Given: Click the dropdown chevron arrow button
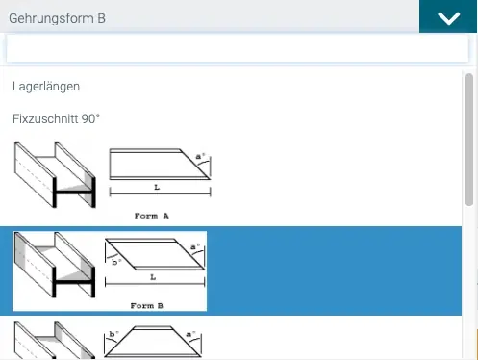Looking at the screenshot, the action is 448,16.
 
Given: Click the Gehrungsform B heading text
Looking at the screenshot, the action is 57,18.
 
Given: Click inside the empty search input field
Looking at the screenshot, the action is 238,48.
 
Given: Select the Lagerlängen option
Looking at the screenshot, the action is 46,87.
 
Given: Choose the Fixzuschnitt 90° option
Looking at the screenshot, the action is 56,119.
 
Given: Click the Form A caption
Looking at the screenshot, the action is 152,216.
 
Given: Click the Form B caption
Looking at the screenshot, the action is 147,306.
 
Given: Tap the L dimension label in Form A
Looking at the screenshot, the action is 157,187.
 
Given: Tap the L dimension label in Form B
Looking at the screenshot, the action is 153,277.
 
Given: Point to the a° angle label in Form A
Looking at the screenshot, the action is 200,156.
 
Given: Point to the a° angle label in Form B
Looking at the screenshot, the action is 195,246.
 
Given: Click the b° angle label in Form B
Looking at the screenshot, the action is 116,262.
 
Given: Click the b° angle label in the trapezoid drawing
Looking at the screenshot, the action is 113,334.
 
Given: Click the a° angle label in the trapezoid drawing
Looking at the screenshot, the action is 191,334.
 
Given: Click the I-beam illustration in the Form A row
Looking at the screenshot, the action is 55,175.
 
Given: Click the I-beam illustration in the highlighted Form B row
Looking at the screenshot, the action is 55,265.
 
